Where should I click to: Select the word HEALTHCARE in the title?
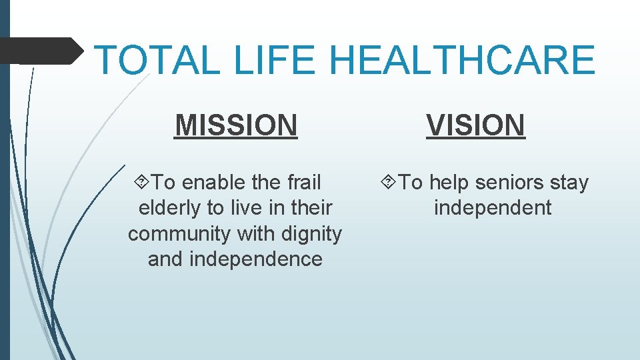point(461,59)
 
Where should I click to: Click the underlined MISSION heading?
point(236,125)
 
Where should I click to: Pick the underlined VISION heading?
point(476,125)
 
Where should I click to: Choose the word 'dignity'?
point(311,234)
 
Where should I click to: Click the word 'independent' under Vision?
point(493,208)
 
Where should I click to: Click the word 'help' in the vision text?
point(449,182)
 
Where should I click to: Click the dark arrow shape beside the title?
point(40,51)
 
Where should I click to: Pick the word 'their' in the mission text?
point(308,208)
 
